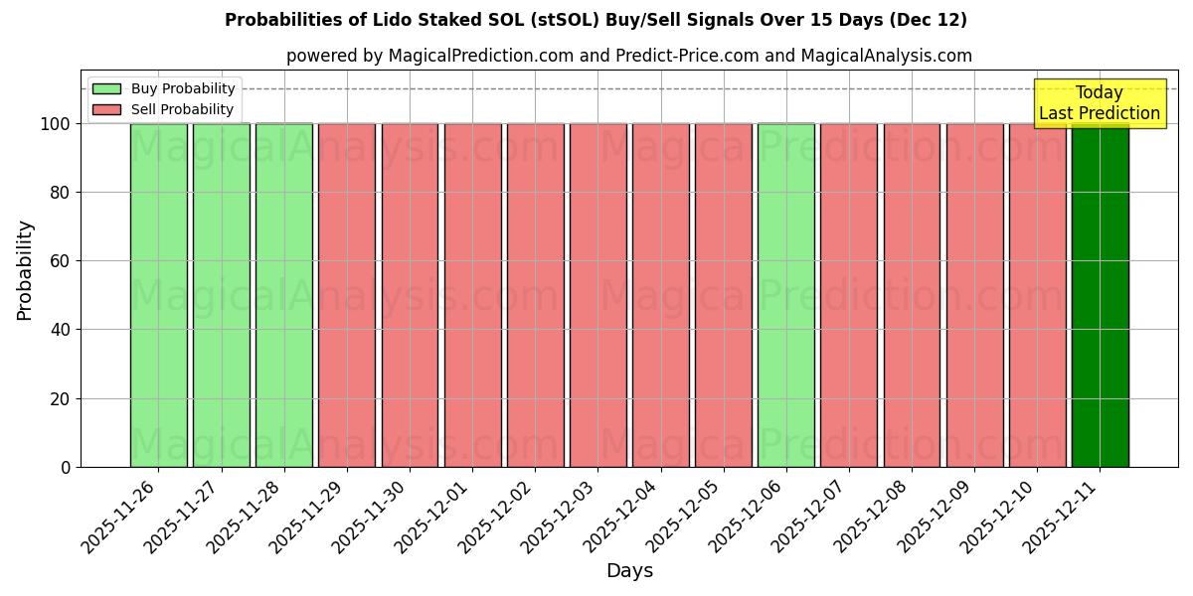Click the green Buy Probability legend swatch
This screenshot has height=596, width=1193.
coord(106,88)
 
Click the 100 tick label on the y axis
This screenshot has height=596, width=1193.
coord(55,124)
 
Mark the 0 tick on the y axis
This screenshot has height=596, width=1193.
coord(65,467)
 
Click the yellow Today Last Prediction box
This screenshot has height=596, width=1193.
coord(1099,103)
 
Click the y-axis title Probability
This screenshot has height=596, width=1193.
coord(25,269)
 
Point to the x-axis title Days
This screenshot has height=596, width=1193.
coord(629,570)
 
